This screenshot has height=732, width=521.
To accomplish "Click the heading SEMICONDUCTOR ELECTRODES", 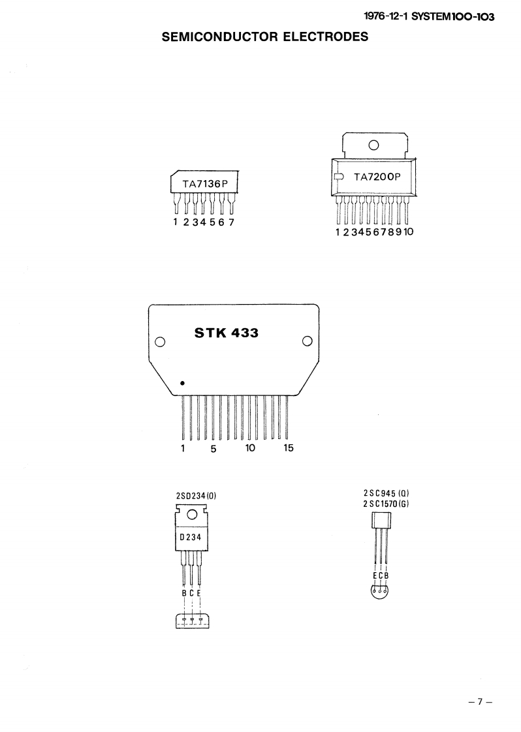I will [265, 37].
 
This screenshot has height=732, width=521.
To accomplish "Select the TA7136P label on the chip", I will [204, 184].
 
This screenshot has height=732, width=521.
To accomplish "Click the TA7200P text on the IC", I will [377, 177].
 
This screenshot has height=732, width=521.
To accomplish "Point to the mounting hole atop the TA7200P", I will [374, 145].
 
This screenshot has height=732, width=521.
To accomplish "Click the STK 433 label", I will [227, 333].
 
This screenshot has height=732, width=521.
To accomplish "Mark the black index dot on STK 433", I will [182, 383].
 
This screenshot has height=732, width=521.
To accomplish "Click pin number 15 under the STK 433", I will [289, 448].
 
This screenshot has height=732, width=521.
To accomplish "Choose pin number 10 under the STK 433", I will [250, 448].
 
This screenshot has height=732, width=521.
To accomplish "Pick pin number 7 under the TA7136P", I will [231, 222].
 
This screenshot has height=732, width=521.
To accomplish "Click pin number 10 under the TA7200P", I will [409, 232].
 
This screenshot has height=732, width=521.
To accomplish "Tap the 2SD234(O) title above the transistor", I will [196, 496].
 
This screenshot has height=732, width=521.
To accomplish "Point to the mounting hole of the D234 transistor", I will [192, 515].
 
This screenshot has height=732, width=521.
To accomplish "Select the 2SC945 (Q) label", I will [386, 494].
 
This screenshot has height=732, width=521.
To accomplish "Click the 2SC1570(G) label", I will [386, 504].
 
